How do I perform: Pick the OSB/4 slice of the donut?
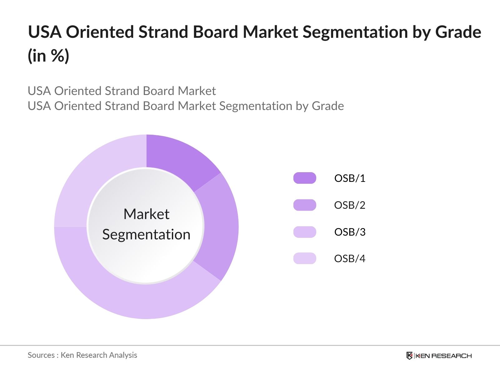click(x=94, y=175)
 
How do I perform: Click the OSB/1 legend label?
click(x=350, y=178)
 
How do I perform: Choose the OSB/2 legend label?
click(x=350, y=205)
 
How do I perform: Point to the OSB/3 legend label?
click(x=350, y=232)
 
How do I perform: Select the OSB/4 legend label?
click(x=350, y=259)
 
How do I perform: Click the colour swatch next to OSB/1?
click(x=305, y=178)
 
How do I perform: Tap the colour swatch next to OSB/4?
click(x=305, y=259)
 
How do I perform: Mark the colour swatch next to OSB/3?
click(x=305, y=232)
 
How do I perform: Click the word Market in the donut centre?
click(x=146, y=214)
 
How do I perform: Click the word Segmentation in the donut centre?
click(x=146, y=234)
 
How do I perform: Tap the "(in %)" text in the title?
click(x=48, y=56)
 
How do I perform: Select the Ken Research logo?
click(x=439, y=356)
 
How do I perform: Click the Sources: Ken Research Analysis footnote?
click(x=82, y=355)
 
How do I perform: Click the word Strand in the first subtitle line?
click(x=122, y=91)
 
